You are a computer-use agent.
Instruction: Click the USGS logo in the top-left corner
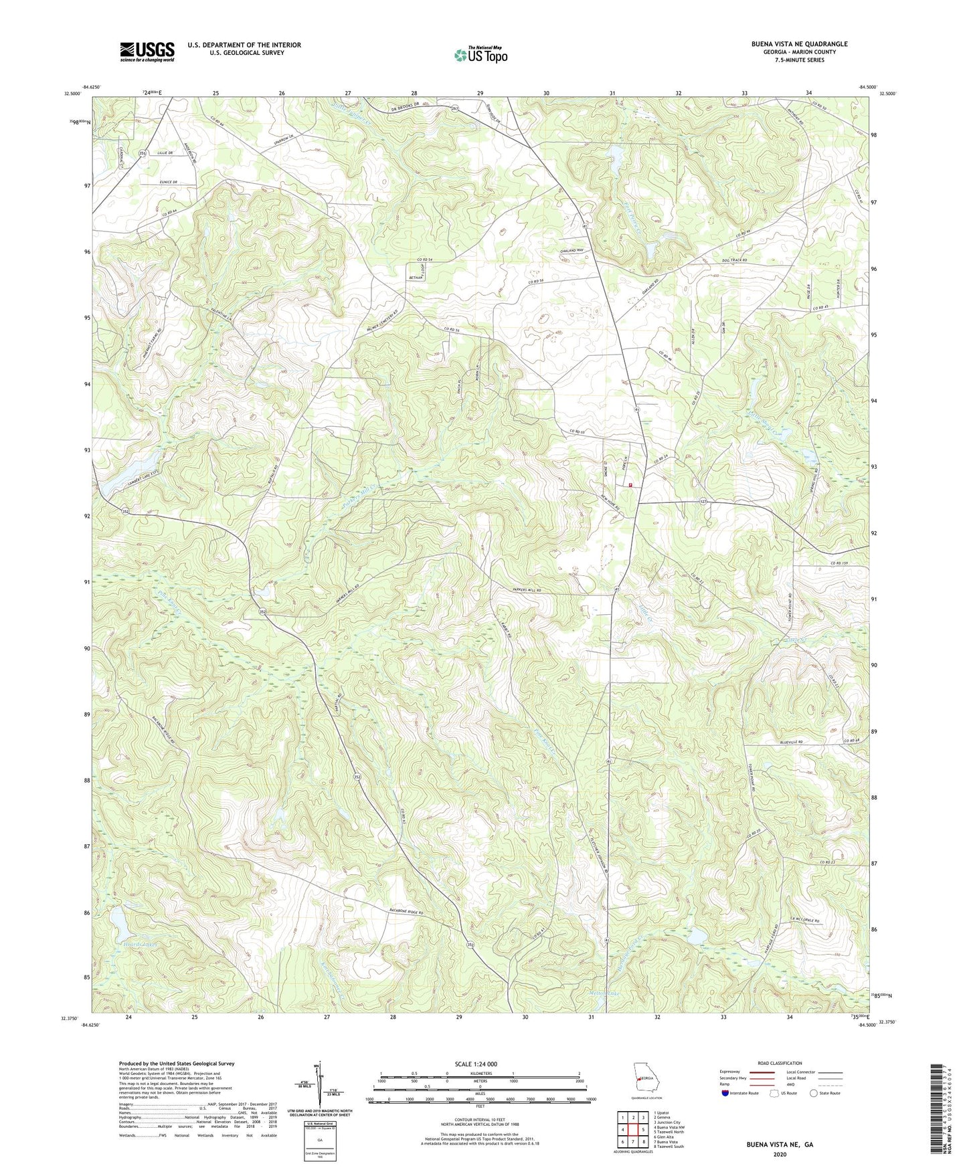tap(147, 52)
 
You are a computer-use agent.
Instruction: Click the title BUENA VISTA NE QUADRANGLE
tap(798, 44)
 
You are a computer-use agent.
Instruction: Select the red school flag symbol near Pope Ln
tap(630, 486)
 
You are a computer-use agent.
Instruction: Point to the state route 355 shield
tap(142, 153)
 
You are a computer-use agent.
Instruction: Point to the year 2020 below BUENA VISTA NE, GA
tap(779, 1154)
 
